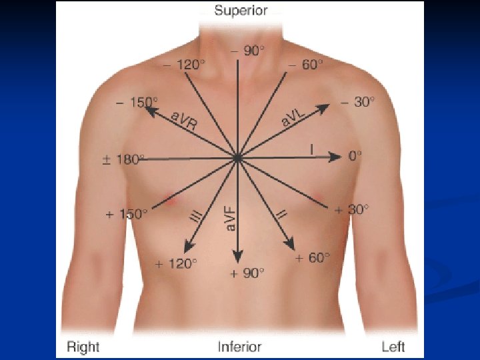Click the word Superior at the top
click(x=241, y=10)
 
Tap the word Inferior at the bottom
click(x=239, y=347)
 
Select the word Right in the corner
click(x=83, y=347)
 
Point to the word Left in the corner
click(x=393, y=347)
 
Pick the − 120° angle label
click(x=185, y=65)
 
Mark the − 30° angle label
click(x=357, y=101)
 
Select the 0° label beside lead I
click(x=355, y=157)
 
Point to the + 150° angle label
click(x=126, y=214)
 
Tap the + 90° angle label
click(x=247, y=273)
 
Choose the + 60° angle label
click(x=313, y=257)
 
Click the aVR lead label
click(x=184, y=122)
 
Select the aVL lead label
click(x=293, y=119)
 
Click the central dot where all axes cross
click(x=237, y=158)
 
